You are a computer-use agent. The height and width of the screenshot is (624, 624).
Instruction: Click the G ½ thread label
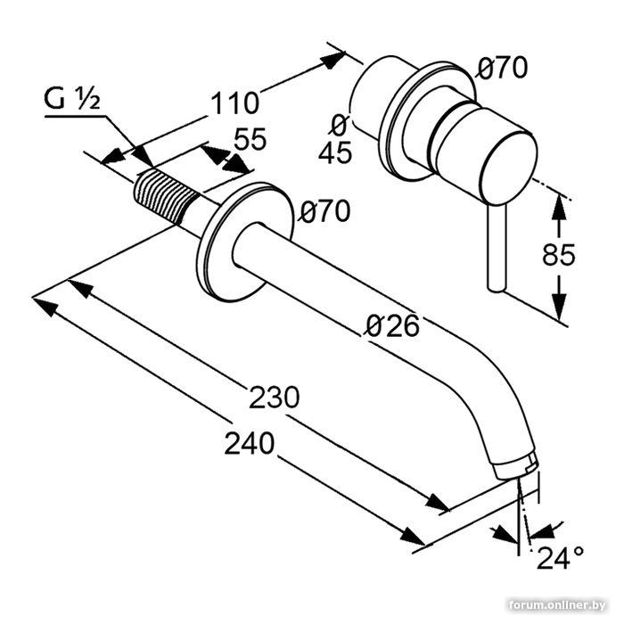pyautogui.click(x=72, y=99)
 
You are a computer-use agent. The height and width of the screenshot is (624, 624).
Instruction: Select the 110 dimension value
pyautogui.click(x=234, y=103)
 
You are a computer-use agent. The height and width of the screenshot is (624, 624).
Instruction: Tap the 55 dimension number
pyautogui.click(x=250, y=139)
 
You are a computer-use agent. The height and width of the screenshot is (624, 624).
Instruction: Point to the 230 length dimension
pyautogui.click(x=275, y=397)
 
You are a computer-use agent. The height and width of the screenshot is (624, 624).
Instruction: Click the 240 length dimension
pyautogui.click(x=250, y=443)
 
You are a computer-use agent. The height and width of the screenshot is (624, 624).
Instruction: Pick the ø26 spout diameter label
pyautogui.click(x=393, y=325)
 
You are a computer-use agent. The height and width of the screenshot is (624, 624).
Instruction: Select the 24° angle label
pyautogui.click(x=561, y=557)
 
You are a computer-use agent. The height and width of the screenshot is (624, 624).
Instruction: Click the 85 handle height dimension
pyautogui.click(x=559, y=254)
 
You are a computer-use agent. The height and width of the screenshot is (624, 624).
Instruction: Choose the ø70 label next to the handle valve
pyautogui.click(x=503, y=68)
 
